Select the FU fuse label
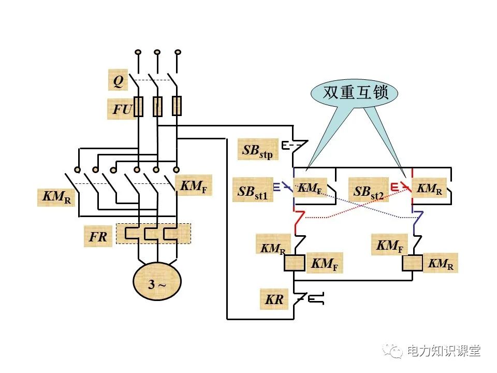tap(121, 109)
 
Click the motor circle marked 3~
tap(157, 283)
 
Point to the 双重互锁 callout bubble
tap(356, 93)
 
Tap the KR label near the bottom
tap(274, 299)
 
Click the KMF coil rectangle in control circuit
tap(294, 263)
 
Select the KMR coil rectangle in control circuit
tap(413, 263)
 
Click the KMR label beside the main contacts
tap(57, 197)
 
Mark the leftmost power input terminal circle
tap(138, 52)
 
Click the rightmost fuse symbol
tap(177, 106)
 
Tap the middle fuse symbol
tap(157, 106)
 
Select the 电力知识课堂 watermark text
tap(444, 351)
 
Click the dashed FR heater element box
tap(153, 234)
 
